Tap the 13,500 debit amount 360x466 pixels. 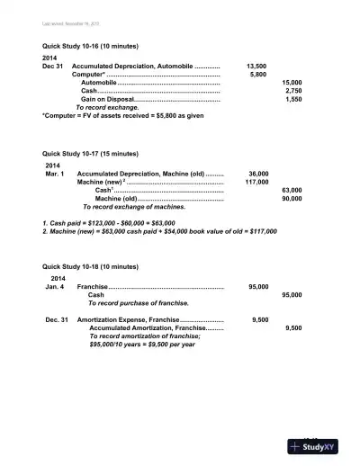[256, 67]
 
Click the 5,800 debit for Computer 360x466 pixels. [257, 75]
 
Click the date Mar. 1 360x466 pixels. [55, 174]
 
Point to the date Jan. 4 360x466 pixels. [54, 287]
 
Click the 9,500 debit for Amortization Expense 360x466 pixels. [261, 319]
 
